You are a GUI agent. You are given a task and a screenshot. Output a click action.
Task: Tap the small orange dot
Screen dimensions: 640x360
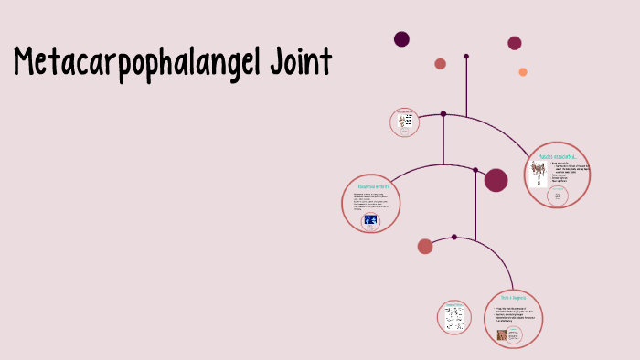[523, 72]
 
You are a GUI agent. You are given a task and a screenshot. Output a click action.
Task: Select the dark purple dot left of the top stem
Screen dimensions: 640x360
[401, 38]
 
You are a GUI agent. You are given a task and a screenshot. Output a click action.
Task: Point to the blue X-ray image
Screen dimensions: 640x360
[371, 220]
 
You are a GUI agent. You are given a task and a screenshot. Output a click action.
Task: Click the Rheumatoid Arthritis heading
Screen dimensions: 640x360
[372, 186]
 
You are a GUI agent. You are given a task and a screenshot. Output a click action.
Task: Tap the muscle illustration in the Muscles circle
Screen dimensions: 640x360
[538, 173]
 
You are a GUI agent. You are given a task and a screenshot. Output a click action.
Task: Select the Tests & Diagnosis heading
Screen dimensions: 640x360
[513, 298]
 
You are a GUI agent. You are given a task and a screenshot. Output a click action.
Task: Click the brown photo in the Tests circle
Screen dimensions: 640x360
[502, 335]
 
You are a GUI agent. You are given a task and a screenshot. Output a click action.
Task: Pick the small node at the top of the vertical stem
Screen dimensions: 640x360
[466, 57]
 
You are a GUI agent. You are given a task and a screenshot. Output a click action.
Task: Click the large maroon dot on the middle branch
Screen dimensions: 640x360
[496, 180]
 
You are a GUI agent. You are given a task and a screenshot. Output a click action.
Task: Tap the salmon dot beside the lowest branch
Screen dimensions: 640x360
[425, 246]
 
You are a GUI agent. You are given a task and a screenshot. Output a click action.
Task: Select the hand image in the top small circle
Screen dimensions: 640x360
[404, 122]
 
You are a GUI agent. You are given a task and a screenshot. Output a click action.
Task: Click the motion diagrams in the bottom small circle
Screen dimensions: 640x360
[454, 319]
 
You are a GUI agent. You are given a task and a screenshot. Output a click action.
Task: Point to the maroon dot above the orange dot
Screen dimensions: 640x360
[515, 43]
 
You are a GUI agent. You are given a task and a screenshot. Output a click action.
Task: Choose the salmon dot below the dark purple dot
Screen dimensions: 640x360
[441, 64]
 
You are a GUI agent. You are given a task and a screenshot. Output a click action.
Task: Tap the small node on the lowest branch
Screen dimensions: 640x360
[454, 237]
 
